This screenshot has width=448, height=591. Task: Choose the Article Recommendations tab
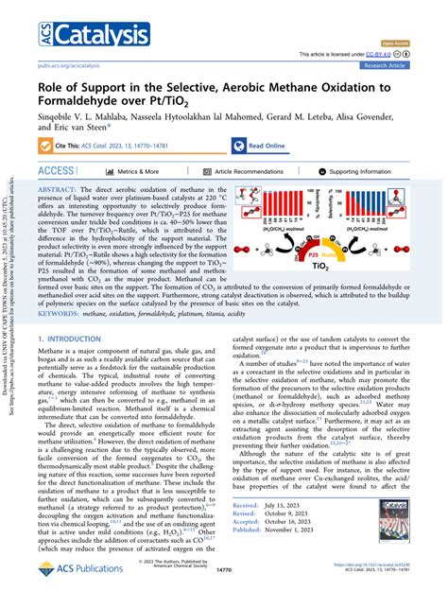[x=247, y=172]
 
